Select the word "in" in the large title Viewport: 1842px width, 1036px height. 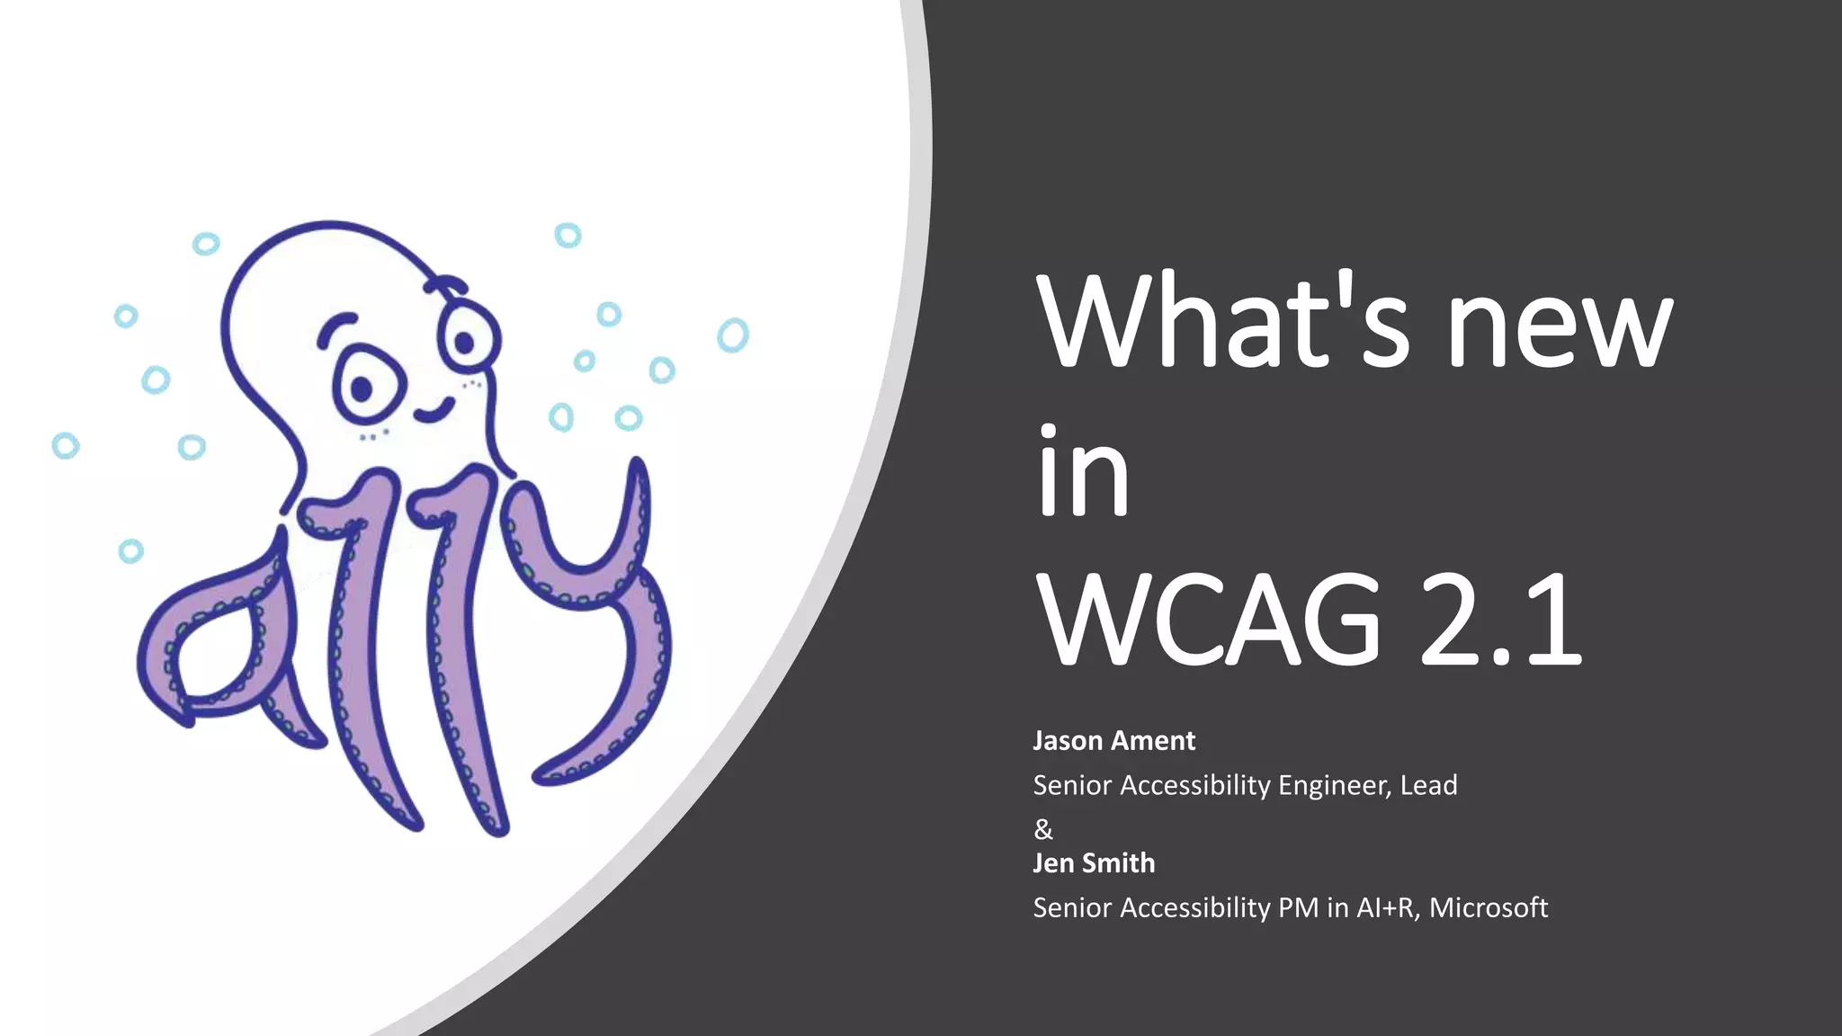1083,471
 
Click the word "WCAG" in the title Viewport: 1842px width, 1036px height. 1209,621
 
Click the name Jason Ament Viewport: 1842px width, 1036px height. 1113,741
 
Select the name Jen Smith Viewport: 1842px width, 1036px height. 1094,863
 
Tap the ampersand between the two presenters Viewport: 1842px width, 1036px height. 1043,828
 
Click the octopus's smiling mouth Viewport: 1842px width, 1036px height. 434,411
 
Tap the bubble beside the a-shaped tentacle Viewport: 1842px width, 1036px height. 131,550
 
